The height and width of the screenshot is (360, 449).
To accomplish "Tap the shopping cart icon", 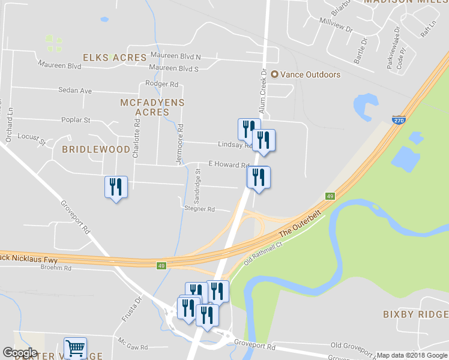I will pos(76,349).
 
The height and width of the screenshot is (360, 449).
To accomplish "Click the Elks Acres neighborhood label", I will pos(115,58).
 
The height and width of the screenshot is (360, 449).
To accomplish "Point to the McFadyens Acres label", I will pos(152,107).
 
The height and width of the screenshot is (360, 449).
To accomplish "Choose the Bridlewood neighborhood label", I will pos(96,149).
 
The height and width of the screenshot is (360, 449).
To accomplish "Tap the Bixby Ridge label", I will pos(415,314).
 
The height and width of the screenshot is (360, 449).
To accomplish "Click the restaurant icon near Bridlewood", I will pos(116,187).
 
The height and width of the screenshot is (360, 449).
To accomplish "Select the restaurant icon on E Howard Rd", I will pos(259,178).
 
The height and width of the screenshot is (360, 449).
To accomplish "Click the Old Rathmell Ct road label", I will pos(262,253).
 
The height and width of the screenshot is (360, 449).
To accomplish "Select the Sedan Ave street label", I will pos(75,91).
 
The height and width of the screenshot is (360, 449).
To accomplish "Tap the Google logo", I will pos(20,353).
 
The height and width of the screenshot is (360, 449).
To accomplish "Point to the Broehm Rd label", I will pos(56,268).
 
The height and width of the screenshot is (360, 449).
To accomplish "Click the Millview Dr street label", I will pos(336,25).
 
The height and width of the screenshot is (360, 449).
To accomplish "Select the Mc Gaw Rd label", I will pos(133,347).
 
